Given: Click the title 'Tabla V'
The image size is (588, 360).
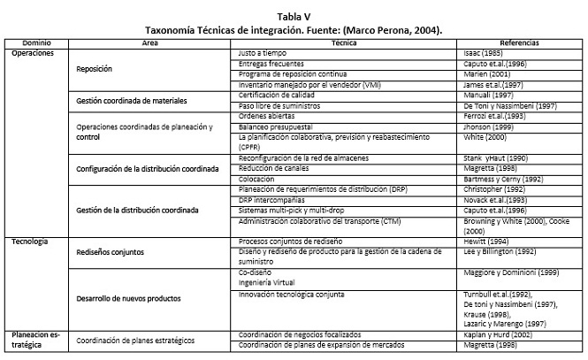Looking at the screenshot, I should [x=294, y=17].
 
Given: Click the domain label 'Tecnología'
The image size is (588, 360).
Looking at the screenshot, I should [x=31, y=241].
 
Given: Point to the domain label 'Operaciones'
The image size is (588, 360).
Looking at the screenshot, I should [x=33, y=53].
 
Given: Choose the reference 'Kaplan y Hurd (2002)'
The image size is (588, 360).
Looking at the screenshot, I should [x=499, y=336].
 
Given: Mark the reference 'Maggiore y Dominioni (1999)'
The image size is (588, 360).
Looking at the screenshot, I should [x=514, y=272].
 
